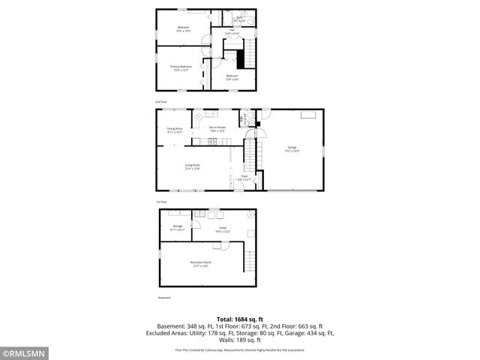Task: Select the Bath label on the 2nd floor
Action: (240, 17)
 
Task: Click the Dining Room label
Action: (175, 130)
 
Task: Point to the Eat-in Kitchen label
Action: (218, 129)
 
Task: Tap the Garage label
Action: (292, 148)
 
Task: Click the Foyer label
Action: (244, 178)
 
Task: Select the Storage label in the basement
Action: (177, 227)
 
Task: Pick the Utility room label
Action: (223, 229)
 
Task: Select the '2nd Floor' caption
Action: (160, 100)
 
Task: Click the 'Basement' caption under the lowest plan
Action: (163, 298)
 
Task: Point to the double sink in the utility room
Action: (200, 214)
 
